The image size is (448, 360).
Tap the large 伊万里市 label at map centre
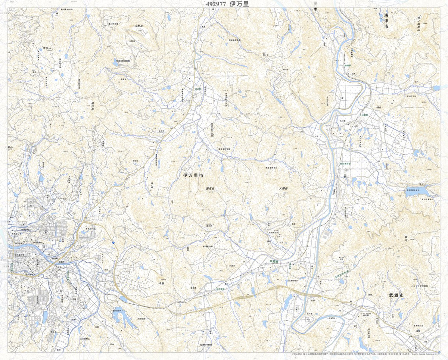(193, 175)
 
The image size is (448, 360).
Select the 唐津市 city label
(386, 22)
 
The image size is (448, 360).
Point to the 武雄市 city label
(396, 295)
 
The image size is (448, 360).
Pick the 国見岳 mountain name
(210, 189)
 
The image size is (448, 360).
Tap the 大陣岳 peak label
(283, 189)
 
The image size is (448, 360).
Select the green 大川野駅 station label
(364, 116)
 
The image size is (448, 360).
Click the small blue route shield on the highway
(112, 242)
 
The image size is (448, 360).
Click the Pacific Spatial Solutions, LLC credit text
(427, 355)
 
